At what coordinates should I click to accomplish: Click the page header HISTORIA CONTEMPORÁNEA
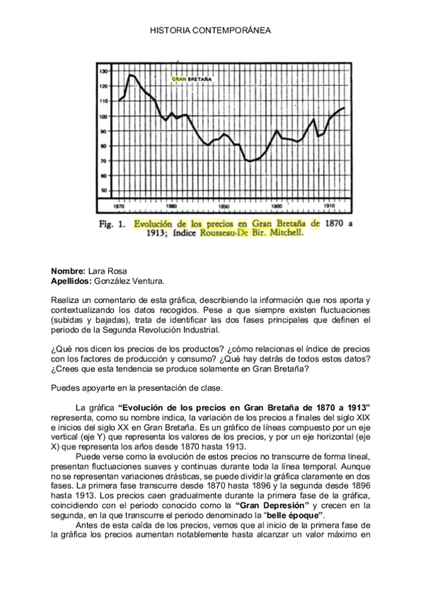pyautogui.click(x=210, y=31)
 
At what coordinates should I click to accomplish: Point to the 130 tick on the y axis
pyautogui.click(x=103, y=72)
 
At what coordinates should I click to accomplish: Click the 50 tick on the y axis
pyautogui.click(x=103, y=190)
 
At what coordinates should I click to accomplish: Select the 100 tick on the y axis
pyautogui.click(x=103, y=116)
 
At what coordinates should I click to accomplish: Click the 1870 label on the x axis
pyautogui.click(x=119, y=207)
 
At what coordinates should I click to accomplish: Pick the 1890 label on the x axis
pyautogui.click(x=224, y=207)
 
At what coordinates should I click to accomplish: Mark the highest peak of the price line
pyautogui.click(x=131, y=74)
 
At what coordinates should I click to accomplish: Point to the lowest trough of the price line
pyautogui.click(x=250, y=162)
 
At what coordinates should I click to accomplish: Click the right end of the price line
pyautogui.click(x=344, y=108)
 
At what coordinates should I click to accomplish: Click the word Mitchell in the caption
pyautogui.click(x=283, y=236)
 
